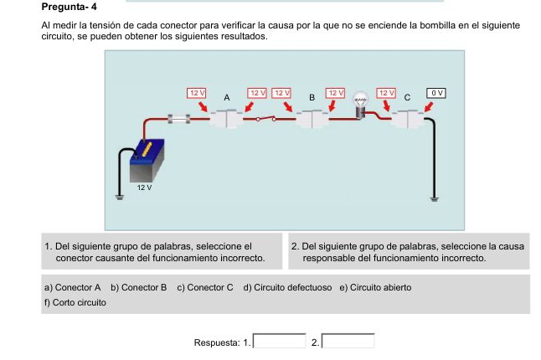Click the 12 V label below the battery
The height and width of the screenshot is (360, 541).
[144, 188]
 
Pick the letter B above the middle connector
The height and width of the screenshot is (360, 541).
[312, 98]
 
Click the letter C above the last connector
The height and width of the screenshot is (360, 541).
[407, 98]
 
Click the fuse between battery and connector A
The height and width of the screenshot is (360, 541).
[178, 119]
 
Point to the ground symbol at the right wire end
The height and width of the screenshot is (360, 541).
[434, 198]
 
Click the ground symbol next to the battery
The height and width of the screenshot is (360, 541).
[120, 198]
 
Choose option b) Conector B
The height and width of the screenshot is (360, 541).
[139, 287]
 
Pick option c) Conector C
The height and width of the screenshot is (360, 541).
[205, 287]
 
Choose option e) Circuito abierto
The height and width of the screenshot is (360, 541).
[375, 287]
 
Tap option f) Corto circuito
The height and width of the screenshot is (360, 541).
[75, 302]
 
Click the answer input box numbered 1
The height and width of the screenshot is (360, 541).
[279, 341]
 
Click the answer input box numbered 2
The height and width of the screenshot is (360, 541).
[348, 341]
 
